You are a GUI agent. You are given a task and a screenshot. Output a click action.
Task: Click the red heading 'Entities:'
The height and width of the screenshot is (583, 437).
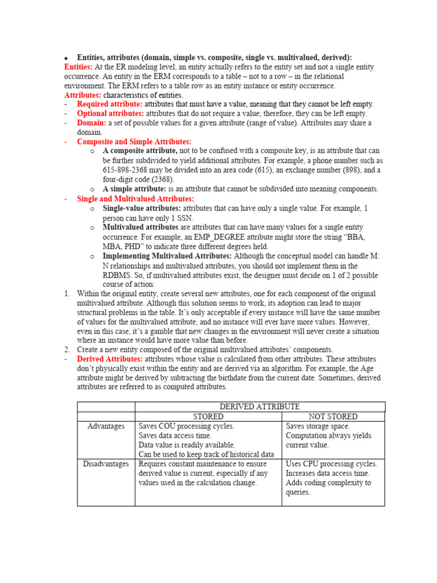click(x=79, y=67)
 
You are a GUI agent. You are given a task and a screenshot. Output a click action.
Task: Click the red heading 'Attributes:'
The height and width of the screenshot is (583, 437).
click(x=83, y=95)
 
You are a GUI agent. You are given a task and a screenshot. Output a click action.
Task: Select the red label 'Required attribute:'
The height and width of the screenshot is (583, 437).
click(x=110, y=104)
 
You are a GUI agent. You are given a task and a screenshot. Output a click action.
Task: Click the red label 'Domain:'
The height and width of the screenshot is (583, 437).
click(x=92, y=123)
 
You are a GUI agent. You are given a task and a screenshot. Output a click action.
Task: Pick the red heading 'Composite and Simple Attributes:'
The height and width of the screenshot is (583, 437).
click(x=134, y=142)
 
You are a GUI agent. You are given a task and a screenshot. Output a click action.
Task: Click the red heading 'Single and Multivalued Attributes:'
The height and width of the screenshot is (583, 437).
click(x=135, y=199)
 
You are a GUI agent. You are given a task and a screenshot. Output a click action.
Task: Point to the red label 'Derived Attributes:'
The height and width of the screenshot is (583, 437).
click(x=110, y=359)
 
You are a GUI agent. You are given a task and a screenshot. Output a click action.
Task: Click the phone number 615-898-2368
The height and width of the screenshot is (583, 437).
click(x=129, y=170)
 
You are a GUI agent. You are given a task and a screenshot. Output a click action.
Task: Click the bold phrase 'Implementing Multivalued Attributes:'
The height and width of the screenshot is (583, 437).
click(x=167, y=256)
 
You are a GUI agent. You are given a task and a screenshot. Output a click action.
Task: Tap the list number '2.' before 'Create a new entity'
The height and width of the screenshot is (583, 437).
click(x=67, y=350)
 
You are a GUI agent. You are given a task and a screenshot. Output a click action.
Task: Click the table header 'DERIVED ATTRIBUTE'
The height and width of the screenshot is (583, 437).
click(x=259, y=407)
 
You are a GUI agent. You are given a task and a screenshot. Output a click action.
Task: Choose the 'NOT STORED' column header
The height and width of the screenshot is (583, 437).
click(x=333, y=417)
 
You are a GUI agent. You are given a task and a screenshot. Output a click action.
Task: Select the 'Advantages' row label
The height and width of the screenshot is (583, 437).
click(x=106, y=426)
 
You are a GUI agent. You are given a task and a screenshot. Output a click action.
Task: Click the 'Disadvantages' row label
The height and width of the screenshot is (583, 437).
click(x=106, y=464)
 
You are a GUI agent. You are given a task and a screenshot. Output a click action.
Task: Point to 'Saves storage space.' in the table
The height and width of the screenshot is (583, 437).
click(x=318, y=426)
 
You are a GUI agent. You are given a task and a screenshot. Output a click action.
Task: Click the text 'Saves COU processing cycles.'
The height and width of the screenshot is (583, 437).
click(x=186, y=426)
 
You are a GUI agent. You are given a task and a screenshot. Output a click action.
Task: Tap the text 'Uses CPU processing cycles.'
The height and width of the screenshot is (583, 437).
click(x=331, y=464)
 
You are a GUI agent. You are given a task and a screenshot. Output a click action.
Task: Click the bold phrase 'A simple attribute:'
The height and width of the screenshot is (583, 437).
click(x=134, y=189)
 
